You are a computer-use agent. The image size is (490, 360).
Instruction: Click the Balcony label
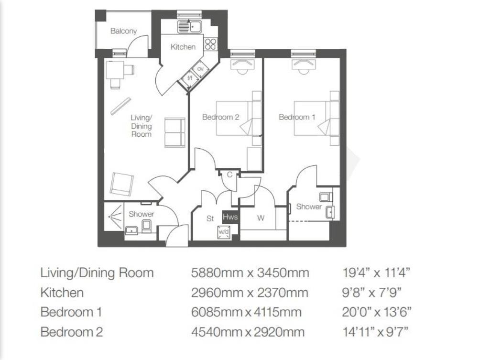pos(123,31)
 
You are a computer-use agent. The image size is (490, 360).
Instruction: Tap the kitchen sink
pos(190,27)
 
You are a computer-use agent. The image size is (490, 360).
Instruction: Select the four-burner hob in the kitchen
pos(210,44)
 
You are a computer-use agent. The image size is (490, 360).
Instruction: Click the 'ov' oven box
pos(200,68)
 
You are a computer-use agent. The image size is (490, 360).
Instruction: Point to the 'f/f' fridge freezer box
pos(190,78)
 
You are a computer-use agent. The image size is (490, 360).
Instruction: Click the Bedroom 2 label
pos(221,117)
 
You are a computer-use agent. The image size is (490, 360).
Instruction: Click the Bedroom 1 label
pos(297,117)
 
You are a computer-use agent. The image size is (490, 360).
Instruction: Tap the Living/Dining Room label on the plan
pos(141,126)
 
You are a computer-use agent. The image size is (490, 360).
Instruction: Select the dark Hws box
pos(230,217)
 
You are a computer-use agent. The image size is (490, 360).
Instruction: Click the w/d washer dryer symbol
pos(224,232)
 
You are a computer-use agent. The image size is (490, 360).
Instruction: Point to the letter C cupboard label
pos(229,175)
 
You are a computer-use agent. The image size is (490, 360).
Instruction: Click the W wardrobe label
pos(261,218)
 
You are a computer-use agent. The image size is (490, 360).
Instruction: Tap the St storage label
pos(210,218)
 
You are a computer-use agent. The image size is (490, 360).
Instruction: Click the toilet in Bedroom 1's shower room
pos(325,197)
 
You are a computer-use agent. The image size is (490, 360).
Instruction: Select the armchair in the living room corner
pos(121,185)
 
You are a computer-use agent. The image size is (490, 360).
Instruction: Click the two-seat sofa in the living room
pos(174,132)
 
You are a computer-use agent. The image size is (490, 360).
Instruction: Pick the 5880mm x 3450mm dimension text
pos(250,273)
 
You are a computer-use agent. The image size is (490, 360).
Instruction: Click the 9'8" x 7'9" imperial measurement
pos(371,293)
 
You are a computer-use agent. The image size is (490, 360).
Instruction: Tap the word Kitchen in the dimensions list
pos(62,293)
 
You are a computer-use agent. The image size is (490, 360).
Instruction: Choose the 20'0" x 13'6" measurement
pos(377,312)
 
